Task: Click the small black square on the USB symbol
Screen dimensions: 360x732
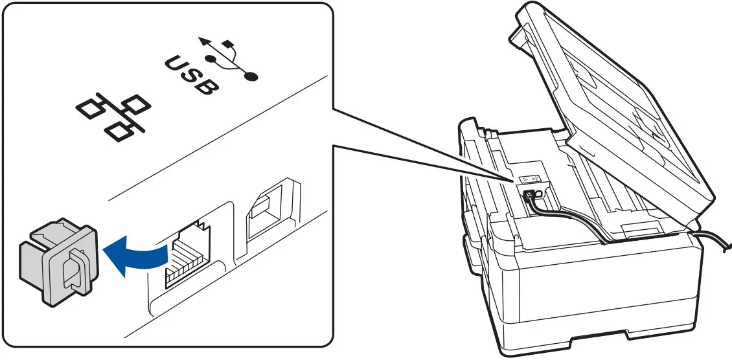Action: click(x=227, y=45)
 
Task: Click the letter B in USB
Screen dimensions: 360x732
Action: click(x=206, y=85)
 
